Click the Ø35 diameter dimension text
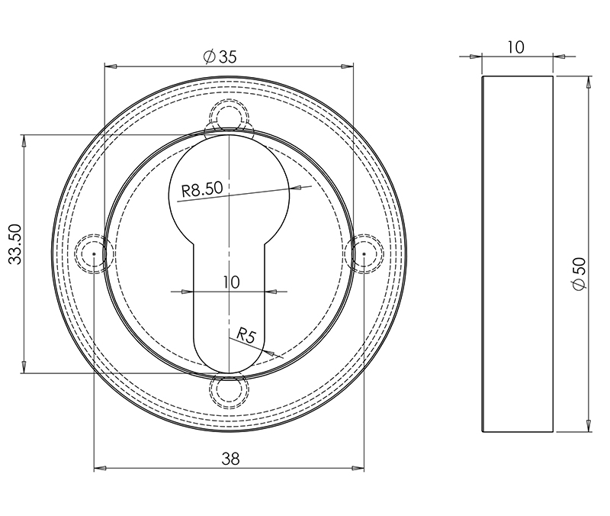(220, 56)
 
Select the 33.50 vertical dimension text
(14, 244)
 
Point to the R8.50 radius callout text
(201, 187)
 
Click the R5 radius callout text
(246, 334)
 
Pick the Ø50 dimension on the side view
(579, 273)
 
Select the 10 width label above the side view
(515, 47)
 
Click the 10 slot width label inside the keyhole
(230, 282)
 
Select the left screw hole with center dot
(91, 253)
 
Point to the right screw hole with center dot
(365, 253)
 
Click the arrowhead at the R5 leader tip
(268, 352)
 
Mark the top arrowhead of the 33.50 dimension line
(24, 140)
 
